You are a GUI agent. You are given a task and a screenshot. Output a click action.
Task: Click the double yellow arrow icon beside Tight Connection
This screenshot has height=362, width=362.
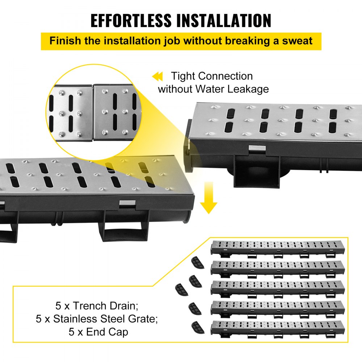pos(157,77)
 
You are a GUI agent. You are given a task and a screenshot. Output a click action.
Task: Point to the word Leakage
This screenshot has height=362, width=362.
pos(248,89)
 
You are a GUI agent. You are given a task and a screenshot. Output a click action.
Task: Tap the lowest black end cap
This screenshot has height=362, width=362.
pos(197,327)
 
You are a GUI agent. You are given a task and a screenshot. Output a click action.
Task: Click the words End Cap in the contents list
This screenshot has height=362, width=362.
pos(107,332)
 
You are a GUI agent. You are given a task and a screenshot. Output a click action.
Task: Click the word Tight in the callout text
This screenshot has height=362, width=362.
pos(184,76)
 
